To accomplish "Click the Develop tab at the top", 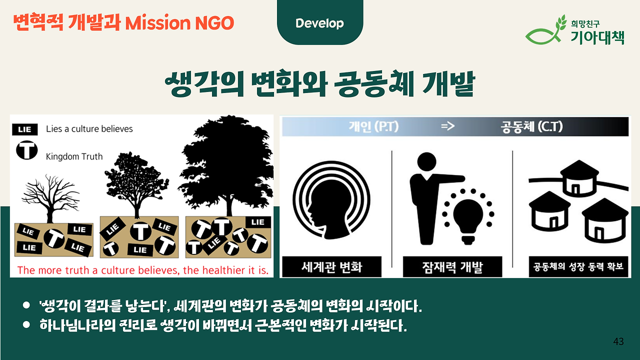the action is coord(319,23).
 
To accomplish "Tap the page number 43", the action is coord(618,341).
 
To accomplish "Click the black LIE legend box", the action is coord(25,129).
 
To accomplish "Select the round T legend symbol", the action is coord(27,150).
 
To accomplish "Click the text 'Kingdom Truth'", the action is coord(74,156).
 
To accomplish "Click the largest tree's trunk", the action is coord(229,205).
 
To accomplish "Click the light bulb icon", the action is coord(468,220).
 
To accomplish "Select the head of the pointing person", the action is coord(426,162).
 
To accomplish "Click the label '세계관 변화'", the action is coord(331,267).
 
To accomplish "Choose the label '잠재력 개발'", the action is coord(452,267).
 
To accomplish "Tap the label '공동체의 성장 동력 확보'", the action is coord(578,267).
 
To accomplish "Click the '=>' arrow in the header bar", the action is coord(447,126).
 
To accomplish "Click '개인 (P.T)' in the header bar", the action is coord(373,126).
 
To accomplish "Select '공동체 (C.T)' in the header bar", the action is coord(531,126).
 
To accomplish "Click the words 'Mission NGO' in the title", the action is coord(179,23).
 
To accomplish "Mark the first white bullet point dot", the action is coord(26,305).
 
